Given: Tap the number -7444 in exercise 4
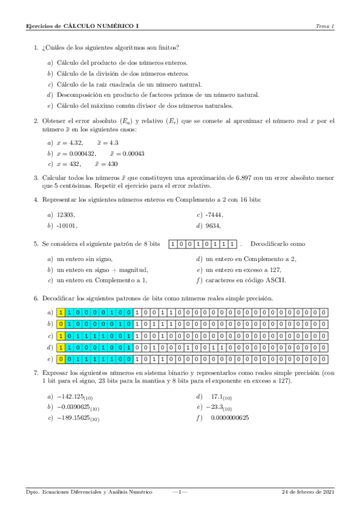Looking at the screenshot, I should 214,215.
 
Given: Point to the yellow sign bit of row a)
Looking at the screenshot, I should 61,313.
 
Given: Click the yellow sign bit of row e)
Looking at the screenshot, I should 61,359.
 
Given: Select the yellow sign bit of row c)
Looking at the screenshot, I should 61,336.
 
